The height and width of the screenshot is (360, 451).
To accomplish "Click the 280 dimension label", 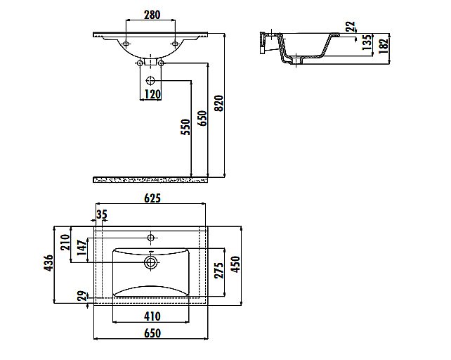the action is click(152, 15).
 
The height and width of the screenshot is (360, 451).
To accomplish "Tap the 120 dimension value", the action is click(152, 94).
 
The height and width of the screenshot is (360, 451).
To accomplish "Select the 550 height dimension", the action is click(185, 127).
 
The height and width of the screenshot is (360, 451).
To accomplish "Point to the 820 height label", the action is click(219, 103).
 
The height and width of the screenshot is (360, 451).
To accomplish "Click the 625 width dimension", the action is click(152, 198).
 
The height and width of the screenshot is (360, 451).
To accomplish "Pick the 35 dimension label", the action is click(102, 214).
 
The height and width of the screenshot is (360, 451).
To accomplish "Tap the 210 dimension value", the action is click(65, 242).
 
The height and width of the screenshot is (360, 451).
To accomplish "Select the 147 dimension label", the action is click(82, 247).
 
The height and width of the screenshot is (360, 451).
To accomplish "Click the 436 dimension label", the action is click(48, 263).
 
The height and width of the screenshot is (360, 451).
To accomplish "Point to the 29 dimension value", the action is click(83, 296).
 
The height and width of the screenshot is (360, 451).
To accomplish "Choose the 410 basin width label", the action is click(152, 316).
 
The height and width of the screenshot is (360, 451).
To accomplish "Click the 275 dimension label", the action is click(219, 270).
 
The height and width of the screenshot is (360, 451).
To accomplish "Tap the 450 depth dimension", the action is click(235, 264).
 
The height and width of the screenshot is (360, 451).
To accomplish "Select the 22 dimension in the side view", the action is click(351, 27).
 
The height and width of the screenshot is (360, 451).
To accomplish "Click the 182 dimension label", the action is click(384, 46).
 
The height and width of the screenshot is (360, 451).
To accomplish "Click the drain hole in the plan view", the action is click(150, 262).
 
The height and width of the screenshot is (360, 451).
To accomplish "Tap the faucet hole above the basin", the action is click(151, 238).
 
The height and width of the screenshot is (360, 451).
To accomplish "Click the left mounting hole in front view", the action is click(126, 44).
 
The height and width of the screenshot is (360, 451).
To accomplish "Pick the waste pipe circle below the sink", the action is click(150, 80).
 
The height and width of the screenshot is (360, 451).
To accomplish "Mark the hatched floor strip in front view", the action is click(150, 180).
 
